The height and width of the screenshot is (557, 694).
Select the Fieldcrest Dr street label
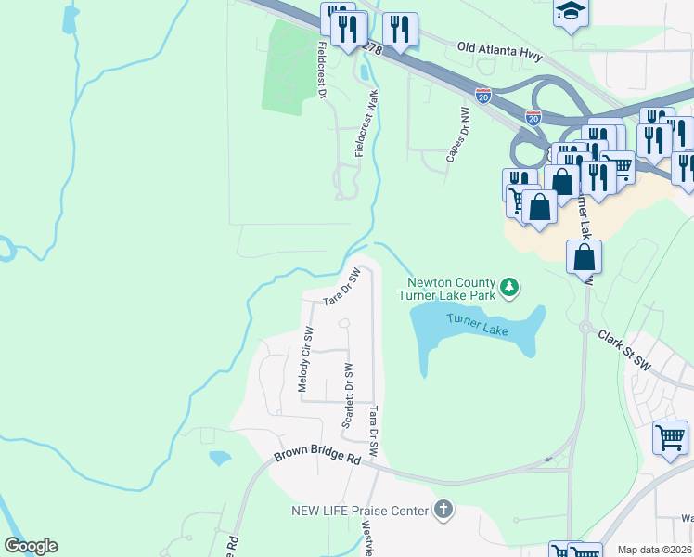coord(322,70)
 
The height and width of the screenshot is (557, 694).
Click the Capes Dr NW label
coord(457,136)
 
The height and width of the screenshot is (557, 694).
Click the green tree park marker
coord(508,289)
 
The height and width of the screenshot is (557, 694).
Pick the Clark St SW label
coord(626,350)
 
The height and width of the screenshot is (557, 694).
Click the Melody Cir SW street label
coord(304,359)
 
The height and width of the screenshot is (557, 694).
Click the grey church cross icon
coord(443,509)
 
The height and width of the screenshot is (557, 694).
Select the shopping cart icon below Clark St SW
coord(670,436)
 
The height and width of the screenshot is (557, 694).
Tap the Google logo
coord(31,545)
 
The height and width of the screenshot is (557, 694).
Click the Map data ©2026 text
coord(653,550)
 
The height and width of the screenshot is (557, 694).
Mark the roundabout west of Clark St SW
coord(585,327)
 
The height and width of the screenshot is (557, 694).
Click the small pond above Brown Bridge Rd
coord(220,458)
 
